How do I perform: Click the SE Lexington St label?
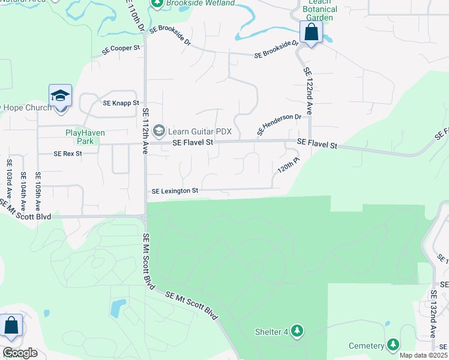[x=175, y=191]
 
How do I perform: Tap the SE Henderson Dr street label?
[x=279, y=124]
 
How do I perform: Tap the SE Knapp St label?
[x=121, y=103]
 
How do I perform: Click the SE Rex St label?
[x=67, y=154]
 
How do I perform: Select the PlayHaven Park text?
[x=80, y=137]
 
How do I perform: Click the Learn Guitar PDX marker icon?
[x=159, y=130]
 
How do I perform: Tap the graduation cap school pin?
[x=60, y=96]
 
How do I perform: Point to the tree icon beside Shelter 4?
[x=297, y=331]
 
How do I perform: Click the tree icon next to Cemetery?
[x=393, y=344]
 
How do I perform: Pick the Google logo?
[x=20, y=353]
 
